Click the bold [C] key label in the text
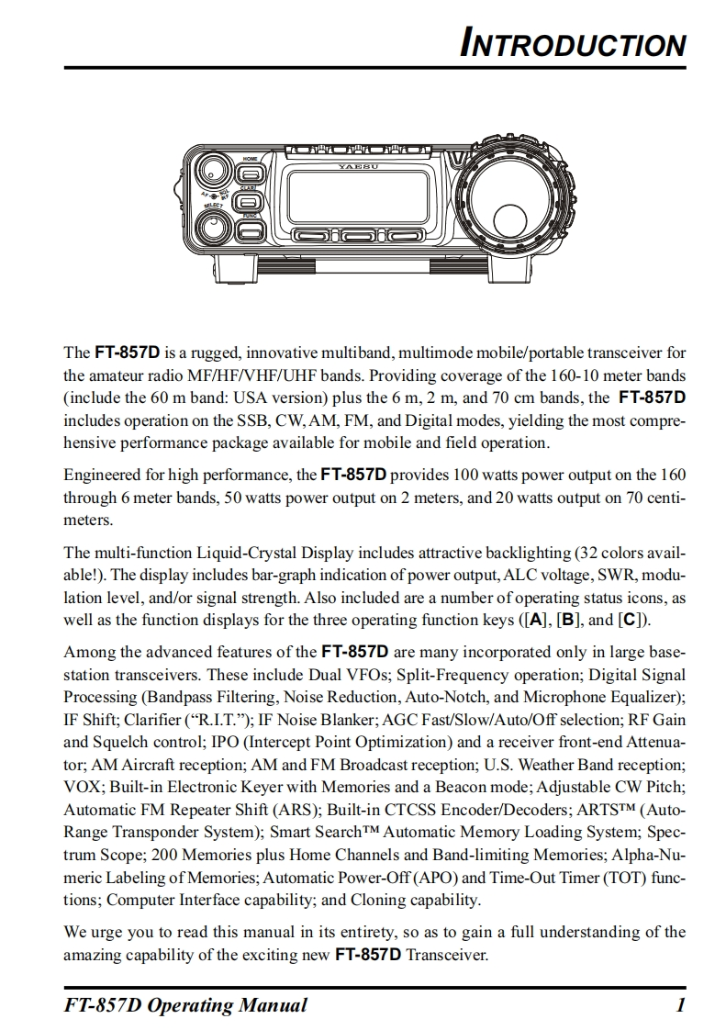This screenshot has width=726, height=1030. (x=631, y=620)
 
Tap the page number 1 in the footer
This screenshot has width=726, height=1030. (x=680, y=1005)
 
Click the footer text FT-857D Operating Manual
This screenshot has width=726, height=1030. (x=185, y=1005)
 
